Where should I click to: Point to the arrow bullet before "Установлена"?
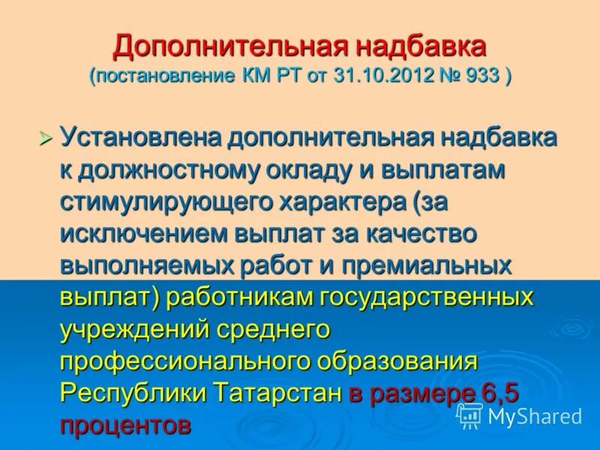(x=46, y=138)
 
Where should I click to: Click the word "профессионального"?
(x=184, y=361)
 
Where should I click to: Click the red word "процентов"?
(x=125, y=425)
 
